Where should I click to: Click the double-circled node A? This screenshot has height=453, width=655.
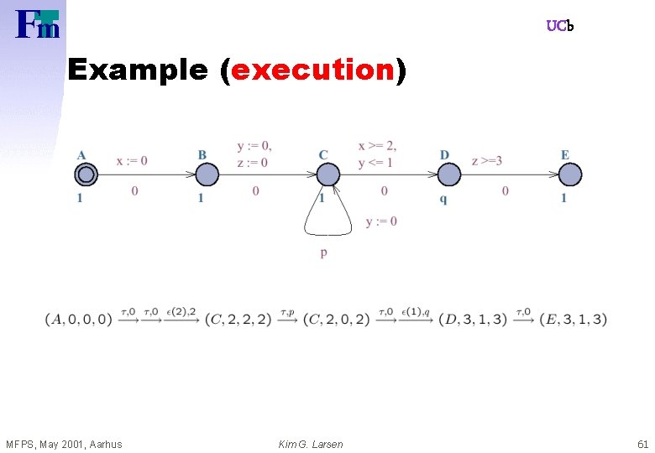(x=85, y=174)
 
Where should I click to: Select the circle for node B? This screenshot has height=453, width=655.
(x=207, y=174)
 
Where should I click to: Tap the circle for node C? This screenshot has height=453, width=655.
(x=328, y=174)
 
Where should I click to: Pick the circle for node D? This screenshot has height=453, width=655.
(x=449, y=174)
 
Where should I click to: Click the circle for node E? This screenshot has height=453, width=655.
(x=570, y=174)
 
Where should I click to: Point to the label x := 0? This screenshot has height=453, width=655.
(x=132, y=160)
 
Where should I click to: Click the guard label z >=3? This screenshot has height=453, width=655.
(x=487, y=160)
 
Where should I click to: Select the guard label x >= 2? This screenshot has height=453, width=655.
(x=377, y=146)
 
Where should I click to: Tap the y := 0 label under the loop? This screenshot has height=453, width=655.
(x=381, y=221)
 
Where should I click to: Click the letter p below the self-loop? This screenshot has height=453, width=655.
(x=323, y=253)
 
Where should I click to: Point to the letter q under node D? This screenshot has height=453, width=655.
(x=443, y=199)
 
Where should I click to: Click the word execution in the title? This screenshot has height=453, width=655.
(x=312, y=71)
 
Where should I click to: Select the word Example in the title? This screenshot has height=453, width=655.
(x=138, y=71)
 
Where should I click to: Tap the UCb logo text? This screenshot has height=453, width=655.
(x=559, y=26)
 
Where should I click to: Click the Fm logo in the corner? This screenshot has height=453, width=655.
(x=38, y=24)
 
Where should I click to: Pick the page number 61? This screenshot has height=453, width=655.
(x=643, y=444)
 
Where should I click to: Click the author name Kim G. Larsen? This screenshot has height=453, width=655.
(x=311, y=444)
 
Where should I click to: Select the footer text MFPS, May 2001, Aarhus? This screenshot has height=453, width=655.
(x=64, y=444)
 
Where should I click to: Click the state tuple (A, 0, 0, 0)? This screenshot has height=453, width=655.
(x=79, y=320)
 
